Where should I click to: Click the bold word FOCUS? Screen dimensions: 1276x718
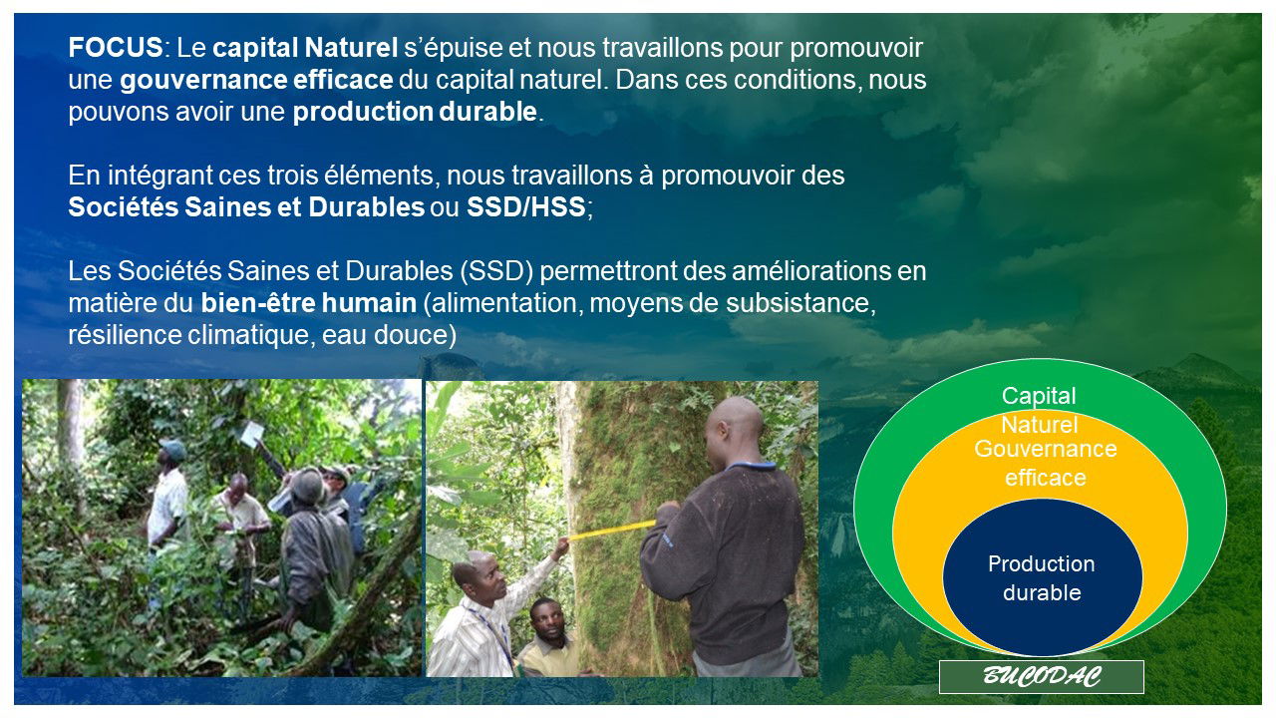coord(116,47)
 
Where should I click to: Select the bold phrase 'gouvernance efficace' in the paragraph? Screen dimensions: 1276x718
coord(256,81)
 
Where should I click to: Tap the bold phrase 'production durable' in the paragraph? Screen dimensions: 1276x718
coord(415,112)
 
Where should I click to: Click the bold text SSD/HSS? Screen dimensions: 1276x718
coord(525,206)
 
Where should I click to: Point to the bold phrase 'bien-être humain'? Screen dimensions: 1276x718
coord(309,302)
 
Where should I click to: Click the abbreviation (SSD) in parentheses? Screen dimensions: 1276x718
coord(496,271)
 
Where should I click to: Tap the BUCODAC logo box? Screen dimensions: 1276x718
coord(1042,677)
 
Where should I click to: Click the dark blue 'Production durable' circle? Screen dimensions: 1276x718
coord(1043,577)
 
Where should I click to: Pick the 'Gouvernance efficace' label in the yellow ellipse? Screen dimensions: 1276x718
coord(1046,464)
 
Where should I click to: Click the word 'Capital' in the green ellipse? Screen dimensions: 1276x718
coord(1039,396)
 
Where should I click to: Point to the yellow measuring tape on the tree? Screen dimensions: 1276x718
coord(611,530)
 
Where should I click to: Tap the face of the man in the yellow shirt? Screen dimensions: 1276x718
coord(548,622)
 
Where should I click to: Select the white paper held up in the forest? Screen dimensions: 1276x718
coord(252,434)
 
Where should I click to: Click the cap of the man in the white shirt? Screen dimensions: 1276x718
coord(172,448)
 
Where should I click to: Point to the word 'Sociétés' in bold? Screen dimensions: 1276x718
coord(123,206)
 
